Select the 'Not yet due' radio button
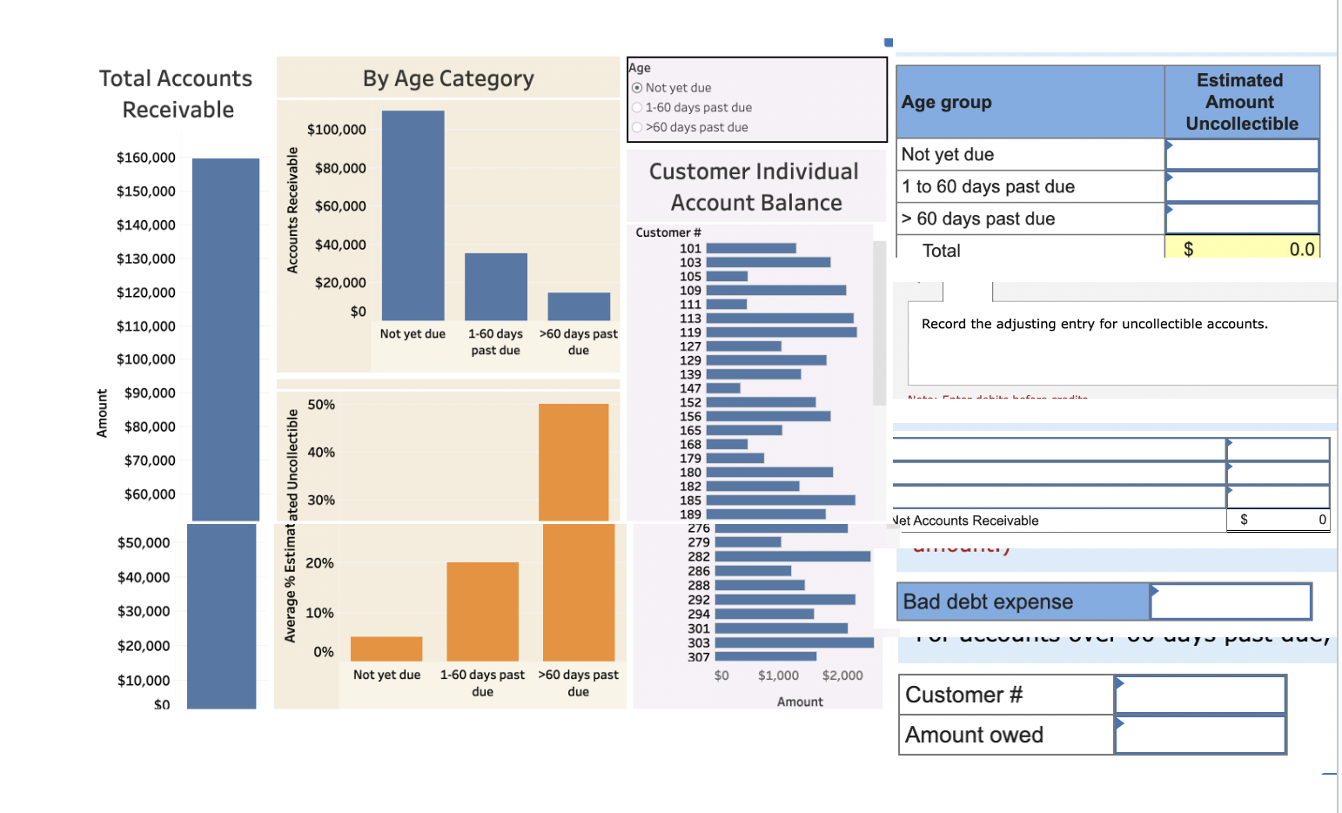pos(637,88)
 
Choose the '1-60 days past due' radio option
pos(637,108)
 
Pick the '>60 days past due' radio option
pos(637,127)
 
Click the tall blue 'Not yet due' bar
pos(413,215)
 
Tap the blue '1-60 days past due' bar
pos(495,286)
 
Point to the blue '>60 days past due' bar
pos(579,306)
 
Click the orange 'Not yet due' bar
pos(386,648)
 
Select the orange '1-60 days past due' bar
pos(482,611)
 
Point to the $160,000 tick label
pos(146,158)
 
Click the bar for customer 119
pos(781,333)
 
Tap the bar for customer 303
pos(794,643)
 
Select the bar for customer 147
pos(723,388)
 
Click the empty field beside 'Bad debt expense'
pos(1230,601)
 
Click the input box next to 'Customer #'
pos(1200,695)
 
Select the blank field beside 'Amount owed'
pos(1200,736)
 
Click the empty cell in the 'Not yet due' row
pos(1241,155)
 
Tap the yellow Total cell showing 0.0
pos(1241,250)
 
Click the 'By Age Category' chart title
pos(448,79)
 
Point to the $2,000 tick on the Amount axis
pos(842,675)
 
